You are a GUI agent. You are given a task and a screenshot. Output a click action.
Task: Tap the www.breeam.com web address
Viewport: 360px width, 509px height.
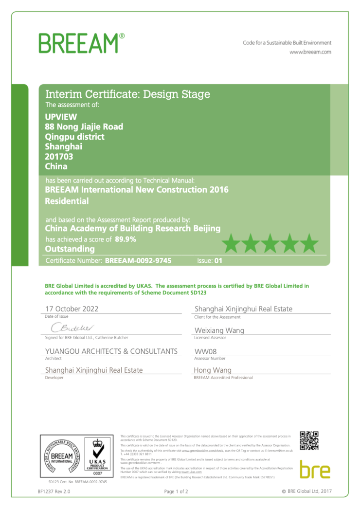coord(310,52)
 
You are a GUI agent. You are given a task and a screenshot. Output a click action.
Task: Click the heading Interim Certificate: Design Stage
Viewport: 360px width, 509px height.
coord(127,94)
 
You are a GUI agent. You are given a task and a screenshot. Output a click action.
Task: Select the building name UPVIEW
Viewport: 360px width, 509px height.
coord(59,117)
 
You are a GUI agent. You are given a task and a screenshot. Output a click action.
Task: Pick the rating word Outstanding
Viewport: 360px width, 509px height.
coord(70,249)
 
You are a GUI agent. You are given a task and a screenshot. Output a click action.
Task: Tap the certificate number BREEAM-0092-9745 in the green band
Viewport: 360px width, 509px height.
coord(138,261)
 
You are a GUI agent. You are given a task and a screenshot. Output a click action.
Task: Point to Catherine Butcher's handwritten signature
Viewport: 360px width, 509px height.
coord(71,327)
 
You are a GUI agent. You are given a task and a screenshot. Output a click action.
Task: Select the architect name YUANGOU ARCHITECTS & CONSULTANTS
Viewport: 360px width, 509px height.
coord(111,351)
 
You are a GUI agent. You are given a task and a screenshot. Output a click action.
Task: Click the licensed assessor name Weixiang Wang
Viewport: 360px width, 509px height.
coord(219,330)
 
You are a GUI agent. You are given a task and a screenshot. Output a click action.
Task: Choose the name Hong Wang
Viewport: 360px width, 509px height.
coord(213,370)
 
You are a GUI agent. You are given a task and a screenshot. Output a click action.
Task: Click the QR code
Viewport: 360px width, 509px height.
coord(309,441)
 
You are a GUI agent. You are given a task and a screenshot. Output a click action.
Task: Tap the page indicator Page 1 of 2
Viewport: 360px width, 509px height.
coord(176,492)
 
